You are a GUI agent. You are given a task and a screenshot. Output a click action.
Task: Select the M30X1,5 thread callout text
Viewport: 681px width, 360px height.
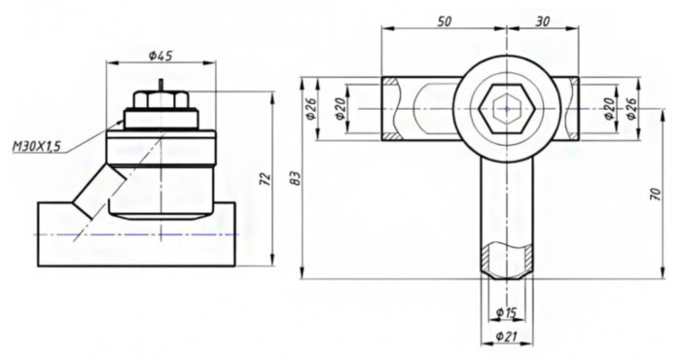click(x=36, y=146)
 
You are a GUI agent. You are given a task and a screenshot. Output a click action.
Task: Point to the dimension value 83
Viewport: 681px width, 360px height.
click(x=296, y=177)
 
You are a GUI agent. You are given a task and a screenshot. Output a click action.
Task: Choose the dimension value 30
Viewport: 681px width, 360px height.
click(x=541, y=19)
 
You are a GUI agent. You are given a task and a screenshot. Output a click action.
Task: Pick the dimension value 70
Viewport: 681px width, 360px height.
click(x=653, y=195)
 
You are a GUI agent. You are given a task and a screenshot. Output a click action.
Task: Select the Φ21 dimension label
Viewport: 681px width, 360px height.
click(x=505, y=337)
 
